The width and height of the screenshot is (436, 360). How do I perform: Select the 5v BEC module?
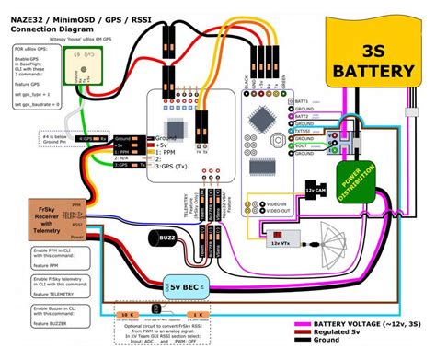pyautogui.click(x=187, y=288)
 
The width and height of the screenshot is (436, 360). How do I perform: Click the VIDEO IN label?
pyautogui.click(x=274, y=202)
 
